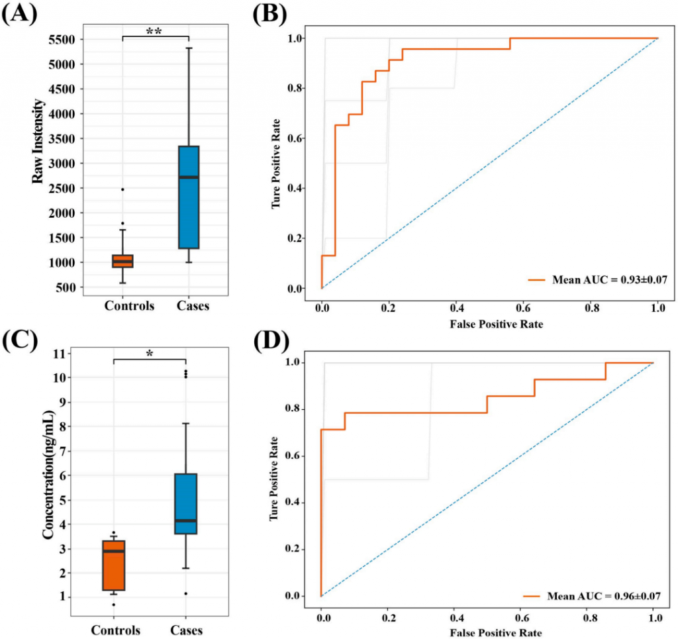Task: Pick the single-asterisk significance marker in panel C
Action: pos(150,354)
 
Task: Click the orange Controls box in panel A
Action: pos(122,261)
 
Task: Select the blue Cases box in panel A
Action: pos(189,197)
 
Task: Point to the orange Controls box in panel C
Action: pos(114,565)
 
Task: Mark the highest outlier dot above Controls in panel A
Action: pos(122,189)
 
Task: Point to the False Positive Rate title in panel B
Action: pos(490,324)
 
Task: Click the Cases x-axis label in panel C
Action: pos(185,629)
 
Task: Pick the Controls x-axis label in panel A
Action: pos(130,305)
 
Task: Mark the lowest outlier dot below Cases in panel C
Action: pos(186,593)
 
